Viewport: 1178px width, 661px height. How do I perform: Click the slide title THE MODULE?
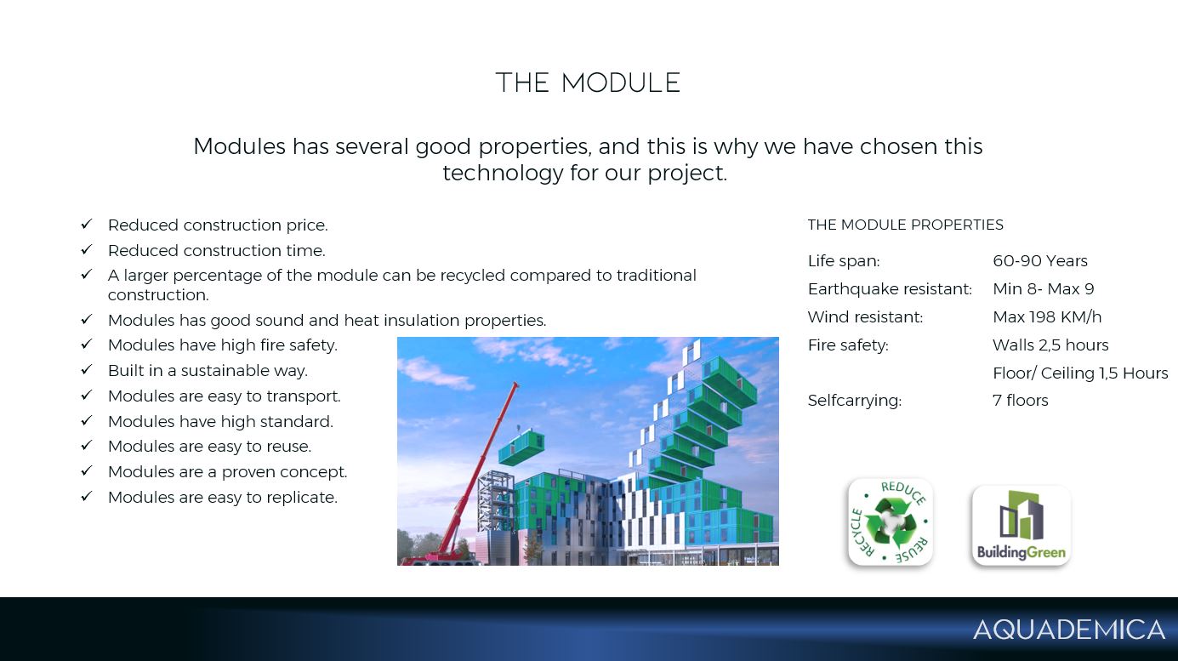coord(589,83)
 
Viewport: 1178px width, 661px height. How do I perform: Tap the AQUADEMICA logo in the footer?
coord(1069,630)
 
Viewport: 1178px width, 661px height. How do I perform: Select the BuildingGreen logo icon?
coord(1022,526)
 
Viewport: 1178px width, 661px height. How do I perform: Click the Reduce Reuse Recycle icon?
coord(891,521)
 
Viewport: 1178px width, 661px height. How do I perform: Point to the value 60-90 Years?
coord(1040,261)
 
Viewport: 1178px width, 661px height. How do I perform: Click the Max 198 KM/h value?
coord(1047,317)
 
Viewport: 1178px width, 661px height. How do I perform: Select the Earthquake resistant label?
coord(890,289)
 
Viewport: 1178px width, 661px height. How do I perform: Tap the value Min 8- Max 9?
coord(1044,288)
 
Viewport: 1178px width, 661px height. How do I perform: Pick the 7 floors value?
coord(1021,400)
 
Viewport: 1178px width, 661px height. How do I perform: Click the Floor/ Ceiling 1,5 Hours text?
coord(1080,373)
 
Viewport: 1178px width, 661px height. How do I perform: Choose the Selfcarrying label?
coord(855,401)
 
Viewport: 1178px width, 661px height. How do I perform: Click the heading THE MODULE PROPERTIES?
coord(906,225)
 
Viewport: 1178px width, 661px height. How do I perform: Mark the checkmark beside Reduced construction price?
coord(87,224)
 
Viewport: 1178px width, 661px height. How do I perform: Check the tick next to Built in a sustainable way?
coord(87,370)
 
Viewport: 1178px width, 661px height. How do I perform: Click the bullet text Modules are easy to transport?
coord(224,396)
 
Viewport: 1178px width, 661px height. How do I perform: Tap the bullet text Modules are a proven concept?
coord(228,471)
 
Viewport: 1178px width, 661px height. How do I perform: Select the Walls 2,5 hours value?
coord(1050,345)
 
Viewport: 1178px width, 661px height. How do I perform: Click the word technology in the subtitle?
coord(503,173)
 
